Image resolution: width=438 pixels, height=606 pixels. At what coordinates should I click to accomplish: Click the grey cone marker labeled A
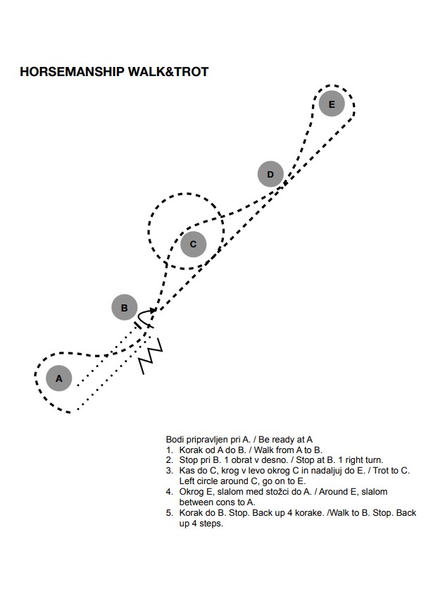(x=58, y=378)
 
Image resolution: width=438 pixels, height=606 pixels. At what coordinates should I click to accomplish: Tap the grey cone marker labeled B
(x=125, y=308)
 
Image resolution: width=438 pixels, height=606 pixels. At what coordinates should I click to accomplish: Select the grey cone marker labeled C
(x=193, y=244)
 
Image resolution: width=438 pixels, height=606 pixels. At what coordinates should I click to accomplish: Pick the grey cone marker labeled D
(x=270, y=174)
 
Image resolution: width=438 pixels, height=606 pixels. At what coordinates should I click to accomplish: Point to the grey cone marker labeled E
(x=332, y=104)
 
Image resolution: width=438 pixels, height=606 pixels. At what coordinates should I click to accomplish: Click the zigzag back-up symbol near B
(x=151, y=355)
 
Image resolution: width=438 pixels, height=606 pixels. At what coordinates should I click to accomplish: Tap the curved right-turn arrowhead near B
(x=154, y=309)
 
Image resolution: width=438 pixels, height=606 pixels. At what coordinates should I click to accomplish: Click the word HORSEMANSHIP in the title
(x=72, y=72)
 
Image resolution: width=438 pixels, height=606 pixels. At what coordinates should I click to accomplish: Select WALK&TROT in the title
(x=168, y=72)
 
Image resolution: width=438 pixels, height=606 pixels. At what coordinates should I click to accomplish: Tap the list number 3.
(x=169, y=471)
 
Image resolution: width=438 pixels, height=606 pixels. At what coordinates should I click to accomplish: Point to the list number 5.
(x=169, y=513)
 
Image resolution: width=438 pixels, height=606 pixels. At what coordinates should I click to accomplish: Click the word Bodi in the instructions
(x=175, y=440)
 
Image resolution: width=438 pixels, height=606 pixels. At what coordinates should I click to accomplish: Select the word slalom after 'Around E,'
(x=374, y=492)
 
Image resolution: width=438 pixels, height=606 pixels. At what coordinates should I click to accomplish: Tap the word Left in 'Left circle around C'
(x=187, y=481)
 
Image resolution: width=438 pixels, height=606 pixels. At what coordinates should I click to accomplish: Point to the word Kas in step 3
(x=186, y=471)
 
